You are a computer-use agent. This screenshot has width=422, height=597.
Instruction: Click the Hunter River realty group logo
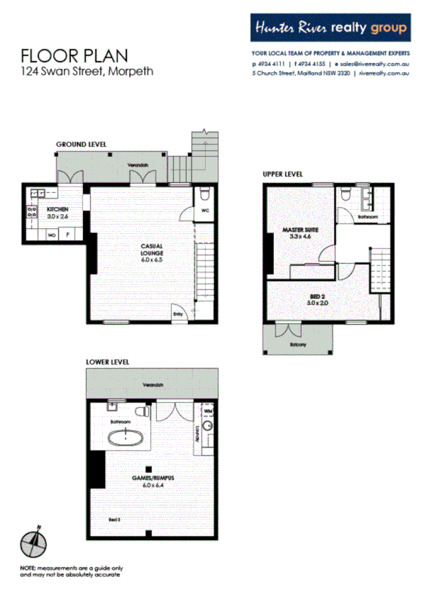pos(330,28)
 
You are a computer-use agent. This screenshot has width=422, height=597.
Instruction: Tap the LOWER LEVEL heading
pos(107,362)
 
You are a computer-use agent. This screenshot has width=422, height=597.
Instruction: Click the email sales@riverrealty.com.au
pos(368,63)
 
